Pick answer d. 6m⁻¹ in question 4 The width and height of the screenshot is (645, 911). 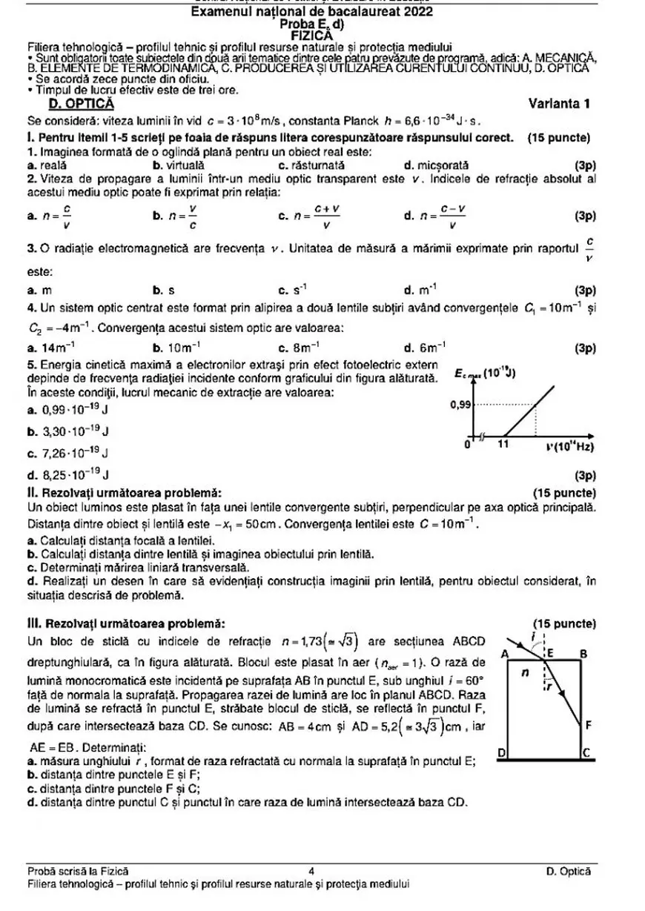(425, 347)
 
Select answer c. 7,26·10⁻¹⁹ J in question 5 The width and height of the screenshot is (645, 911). (67, 452)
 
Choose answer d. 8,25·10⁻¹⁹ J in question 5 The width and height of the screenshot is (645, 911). (67, 474)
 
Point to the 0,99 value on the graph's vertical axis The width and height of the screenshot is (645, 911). (460, 405)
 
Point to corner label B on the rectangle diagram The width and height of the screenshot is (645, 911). (583, 654)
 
